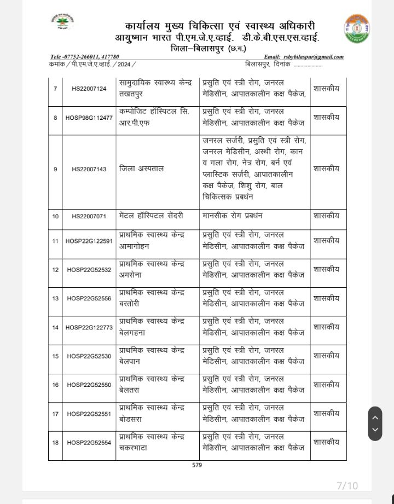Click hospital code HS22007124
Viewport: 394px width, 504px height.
(x=89, y=89)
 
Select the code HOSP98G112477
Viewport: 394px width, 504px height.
(x=89, y=118)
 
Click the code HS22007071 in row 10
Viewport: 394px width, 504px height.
(x=89, y=217)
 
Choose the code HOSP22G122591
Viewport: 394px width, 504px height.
(x=89, y=241)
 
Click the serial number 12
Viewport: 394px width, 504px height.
(x=55, y=270)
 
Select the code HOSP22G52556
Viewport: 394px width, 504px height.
(x=89, y=299)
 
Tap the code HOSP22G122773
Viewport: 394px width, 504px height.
(x=89, y=327)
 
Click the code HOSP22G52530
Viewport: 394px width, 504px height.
(x=89, y=356)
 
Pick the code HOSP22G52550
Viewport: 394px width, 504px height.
(x=89, y=385)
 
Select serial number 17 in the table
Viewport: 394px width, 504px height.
(x=55, y=414)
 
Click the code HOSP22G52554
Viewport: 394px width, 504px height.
(x=89, y=443)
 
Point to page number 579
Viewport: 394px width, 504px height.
(x=197, y=465)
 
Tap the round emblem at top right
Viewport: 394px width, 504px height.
(x=356, y=29)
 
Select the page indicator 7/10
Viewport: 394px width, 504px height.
(x=347, y=486)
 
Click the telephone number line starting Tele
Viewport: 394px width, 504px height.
(x=84, y=57)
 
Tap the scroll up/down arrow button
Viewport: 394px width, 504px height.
(x=375, y=423)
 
